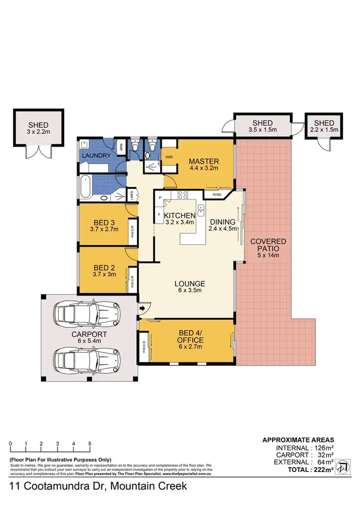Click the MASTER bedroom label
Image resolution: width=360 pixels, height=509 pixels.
pos(204,161)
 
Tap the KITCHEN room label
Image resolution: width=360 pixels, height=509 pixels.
pos(180,215)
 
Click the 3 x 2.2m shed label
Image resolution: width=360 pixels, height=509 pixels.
pos(38,130)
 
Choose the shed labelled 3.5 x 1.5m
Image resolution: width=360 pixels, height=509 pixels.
pos(262,126)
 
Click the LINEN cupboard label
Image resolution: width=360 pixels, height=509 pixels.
pos(132,195)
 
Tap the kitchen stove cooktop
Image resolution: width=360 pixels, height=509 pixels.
pos(183,195)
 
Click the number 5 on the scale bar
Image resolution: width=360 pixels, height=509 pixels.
pos(90,443)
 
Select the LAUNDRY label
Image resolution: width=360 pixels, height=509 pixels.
pos(96,156)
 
